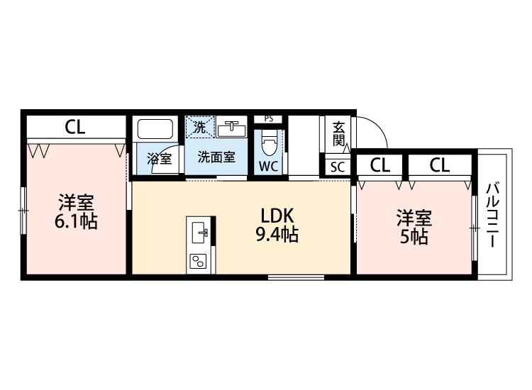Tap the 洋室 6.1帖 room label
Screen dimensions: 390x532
[x=76, y=211]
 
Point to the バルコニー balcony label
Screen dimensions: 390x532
[x=492, y=215]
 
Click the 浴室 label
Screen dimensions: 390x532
[x=159, y=158]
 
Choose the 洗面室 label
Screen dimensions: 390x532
[x=216, y=157]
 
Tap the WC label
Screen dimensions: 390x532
[x=268, y=167]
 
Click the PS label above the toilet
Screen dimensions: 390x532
[x=268, y=118]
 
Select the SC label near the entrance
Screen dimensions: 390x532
[x=338, y=167]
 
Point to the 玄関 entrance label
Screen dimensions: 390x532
[x=339, y=133]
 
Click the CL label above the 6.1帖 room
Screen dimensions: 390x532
[x=75, y=128]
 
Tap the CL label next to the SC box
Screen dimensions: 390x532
[x=380, y=166]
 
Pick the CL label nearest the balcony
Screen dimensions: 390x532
[x=439, y=166]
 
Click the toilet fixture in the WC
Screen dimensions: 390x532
[x=269, y=144]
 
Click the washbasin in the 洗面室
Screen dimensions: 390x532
[x=231, y=129]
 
